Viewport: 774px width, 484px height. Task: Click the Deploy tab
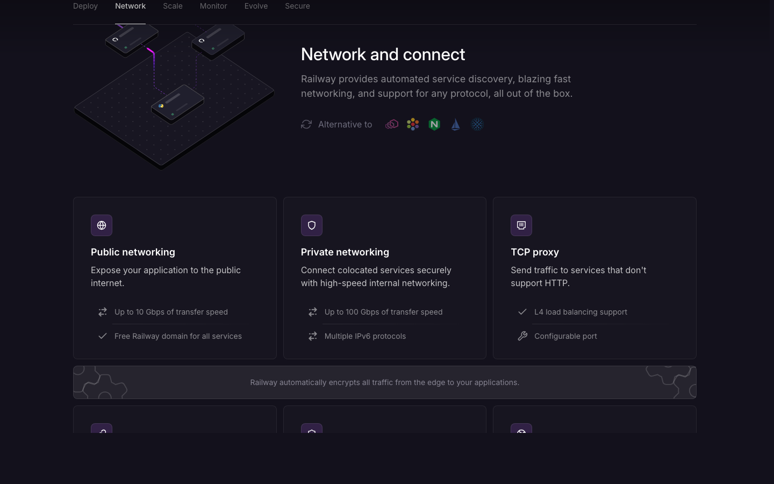(x=85, y=6)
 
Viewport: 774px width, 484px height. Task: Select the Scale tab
(x=173, y=6)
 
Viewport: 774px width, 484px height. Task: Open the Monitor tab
(x=213, y=6)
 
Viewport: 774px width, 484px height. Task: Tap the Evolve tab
(x=256, y=6)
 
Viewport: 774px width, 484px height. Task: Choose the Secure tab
(x=298, y=6)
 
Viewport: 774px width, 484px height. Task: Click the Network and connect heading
(x=383, y=54)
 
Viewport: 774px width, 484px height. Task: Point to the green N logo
(x=434, y=124)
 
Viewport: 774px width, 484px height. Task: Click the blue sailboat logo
(x=456, y=124)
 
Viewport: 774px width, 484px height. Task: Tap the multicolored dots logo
(x=413, y=124)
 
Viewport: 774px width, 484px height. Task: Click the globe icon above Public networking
(x=102, y=225)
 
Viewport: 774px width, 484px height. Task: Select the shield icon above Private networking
(x=312, y=225)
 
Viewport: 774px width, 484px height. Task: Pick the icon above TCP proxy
(x=521, y=225)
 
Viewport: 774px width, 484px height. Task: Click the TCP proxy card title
(x=535, y=252)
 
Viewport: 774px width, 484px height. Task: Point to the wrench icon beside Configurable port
(x=522, y=336)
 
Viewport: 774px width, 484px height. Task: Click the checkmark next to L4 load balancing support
(x=522, y=312)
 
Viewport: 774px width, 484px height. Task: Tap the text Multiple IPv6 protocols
(x=365, y=336)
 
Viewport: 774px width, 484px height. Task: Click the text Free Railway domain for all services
(x=178, y=336)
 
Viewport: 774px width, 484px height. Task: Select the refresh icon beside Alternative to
(x=306, y=124)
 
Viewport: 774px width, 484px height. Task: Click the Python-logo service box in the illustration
(x=177, y=104)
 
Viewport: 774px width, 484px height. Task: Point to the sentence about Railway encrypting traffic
(x=385, y=382)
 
